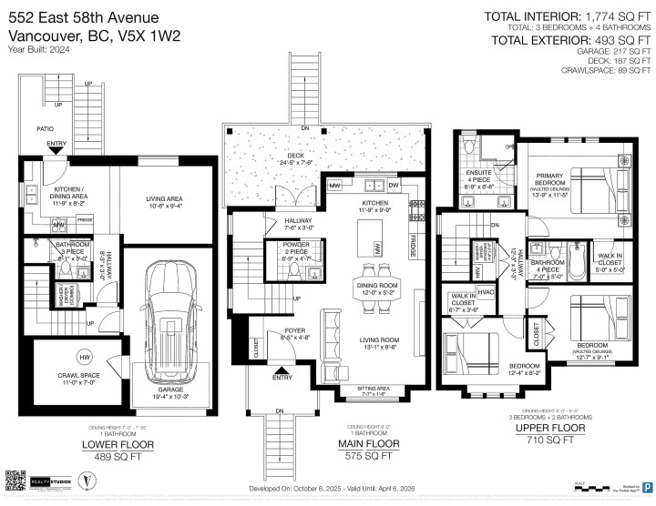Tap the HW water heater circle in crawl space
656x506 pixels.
[58, 355]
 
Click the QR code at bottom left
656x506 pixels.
[17, 479]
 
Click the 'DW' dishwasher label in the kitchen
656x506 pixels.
[394, 186]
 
